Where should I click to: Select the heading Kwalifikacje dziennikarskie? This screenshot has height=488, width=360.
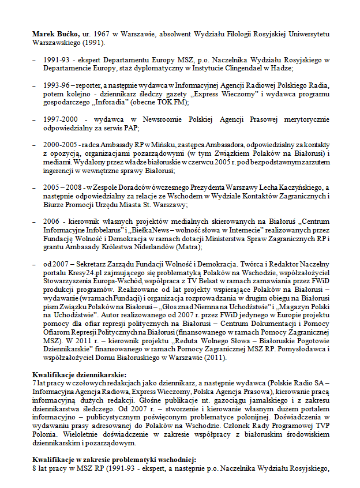coord(79,374)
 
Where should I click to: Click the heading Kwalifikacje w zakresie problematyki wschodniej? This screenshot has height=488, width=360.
coord(114,459)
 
